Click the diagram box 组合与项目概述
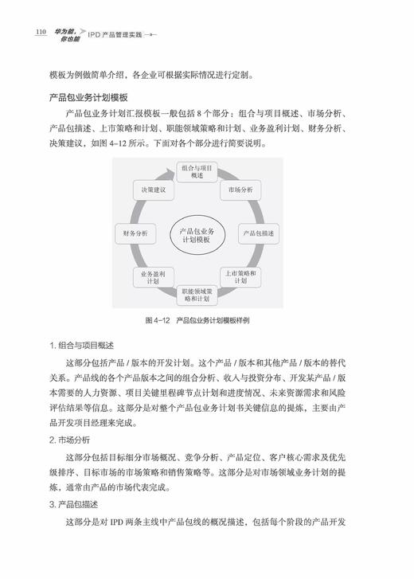(195, 172)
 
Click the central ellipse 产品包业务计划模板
(196, 234)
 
